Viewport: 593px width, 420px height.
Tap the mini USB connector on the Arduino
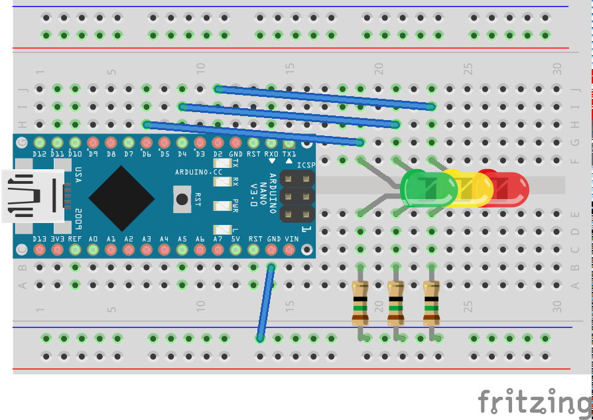pos(33,196)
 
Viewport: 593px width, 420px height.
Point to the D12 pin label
pos(39,155)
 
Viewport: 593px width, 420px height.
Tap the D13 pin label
pos(39,239)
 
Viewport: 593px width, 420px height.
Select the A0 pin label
pos(93,239)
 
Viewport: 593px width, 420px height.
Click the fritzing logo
pos(533,401)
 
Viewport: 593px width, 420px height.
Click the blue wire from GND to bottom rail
pos(265,302)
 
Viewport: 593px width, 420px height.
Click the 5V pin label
pos(235,239)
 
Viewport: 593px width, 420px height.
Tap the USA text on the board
pos(78,175)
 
